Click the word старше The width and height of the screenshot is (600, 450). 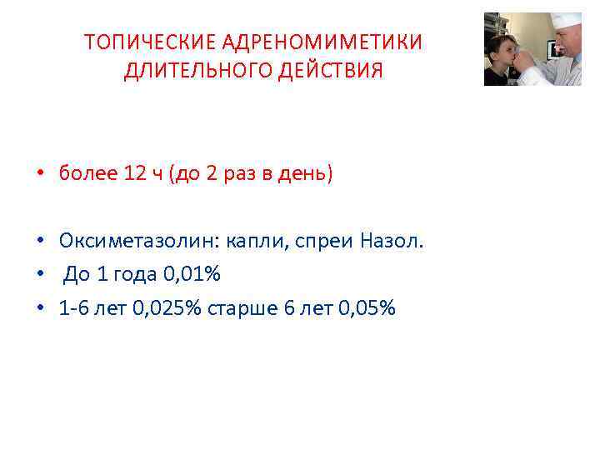tap(246, 308)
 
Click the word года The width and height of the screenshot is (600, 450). tap(132, 275)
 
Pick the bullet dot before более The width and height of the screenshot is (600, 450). tap(39, 175)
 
